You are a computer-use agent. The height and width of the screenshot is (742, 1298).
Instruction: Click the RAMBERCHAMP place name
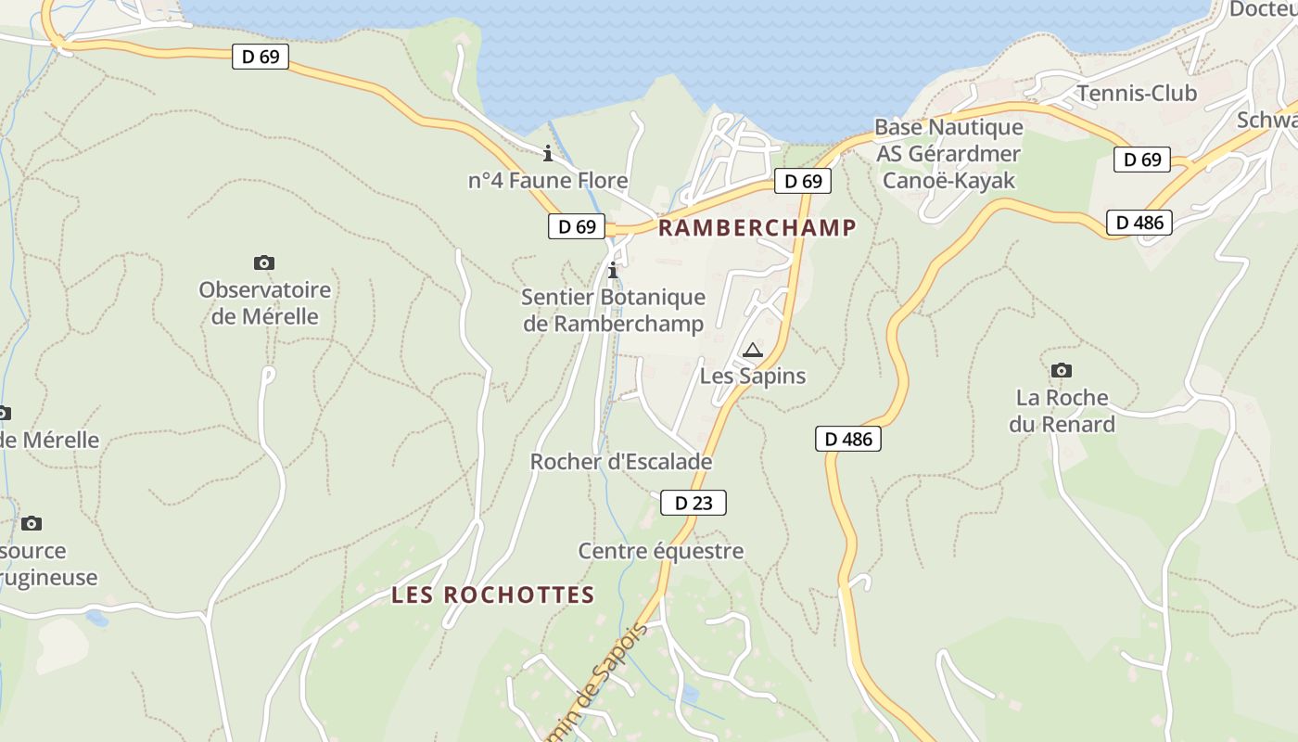[757, 228]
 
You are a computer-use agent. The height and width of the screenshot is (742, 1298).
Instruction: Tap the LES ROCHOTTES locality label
[492, 595]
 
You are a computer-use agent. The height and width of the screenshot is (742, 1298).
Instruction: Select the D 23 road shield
[694, 503]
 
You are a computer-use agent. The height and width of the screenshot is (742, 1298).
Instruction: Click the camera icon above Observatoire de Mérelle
[264, 263]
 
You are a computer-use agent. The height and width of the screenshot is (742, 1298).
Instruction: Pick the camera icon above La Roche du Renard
[1062, 371]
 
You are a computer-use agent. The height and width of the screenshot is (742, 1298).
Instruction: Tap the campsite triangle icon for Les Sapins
[753, 350]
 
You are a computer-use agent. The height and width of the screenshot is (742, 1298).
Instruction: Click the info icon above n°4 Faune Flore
[548, 153]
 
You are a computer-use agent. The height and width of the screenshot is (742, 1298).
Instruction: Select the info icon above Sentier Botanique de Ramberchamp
[613, 271]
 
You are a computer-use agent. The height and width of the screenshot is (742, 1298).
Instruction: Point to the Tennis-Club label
[1136, 94]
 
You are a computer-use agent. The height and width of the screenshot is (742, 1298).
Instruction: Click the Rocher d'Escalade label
[620, 462]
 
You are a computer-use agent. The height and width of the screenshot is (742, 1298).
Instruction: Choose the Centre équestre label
[660, 551]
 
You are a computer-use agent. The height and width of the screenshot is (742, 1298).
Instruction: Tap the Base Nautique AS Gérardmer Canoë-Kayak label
[948, 153]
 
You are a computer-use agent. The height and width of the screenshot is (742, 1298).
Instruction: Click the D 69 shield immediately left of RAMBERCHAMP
[577, 226]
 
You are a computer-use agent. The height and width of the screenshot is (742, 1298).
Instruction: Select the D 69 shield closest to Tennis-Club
[1142, 160]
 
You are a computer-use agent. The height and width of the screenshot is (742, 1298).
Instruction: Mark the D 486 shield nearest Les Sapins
[848, 439]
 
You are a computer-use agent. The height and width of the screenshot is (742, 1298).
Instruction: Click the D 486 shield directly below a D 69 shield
[1139, 223]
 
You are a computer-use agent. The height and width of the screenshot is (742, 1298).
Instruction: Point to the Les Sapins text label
[752, 377]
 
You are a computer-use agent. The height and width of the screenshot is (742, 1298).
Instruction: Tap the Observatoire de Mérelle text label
[264, 303]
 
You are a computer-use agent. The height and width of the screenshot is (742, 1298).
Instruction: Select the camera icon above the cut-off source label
[32, 524]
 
